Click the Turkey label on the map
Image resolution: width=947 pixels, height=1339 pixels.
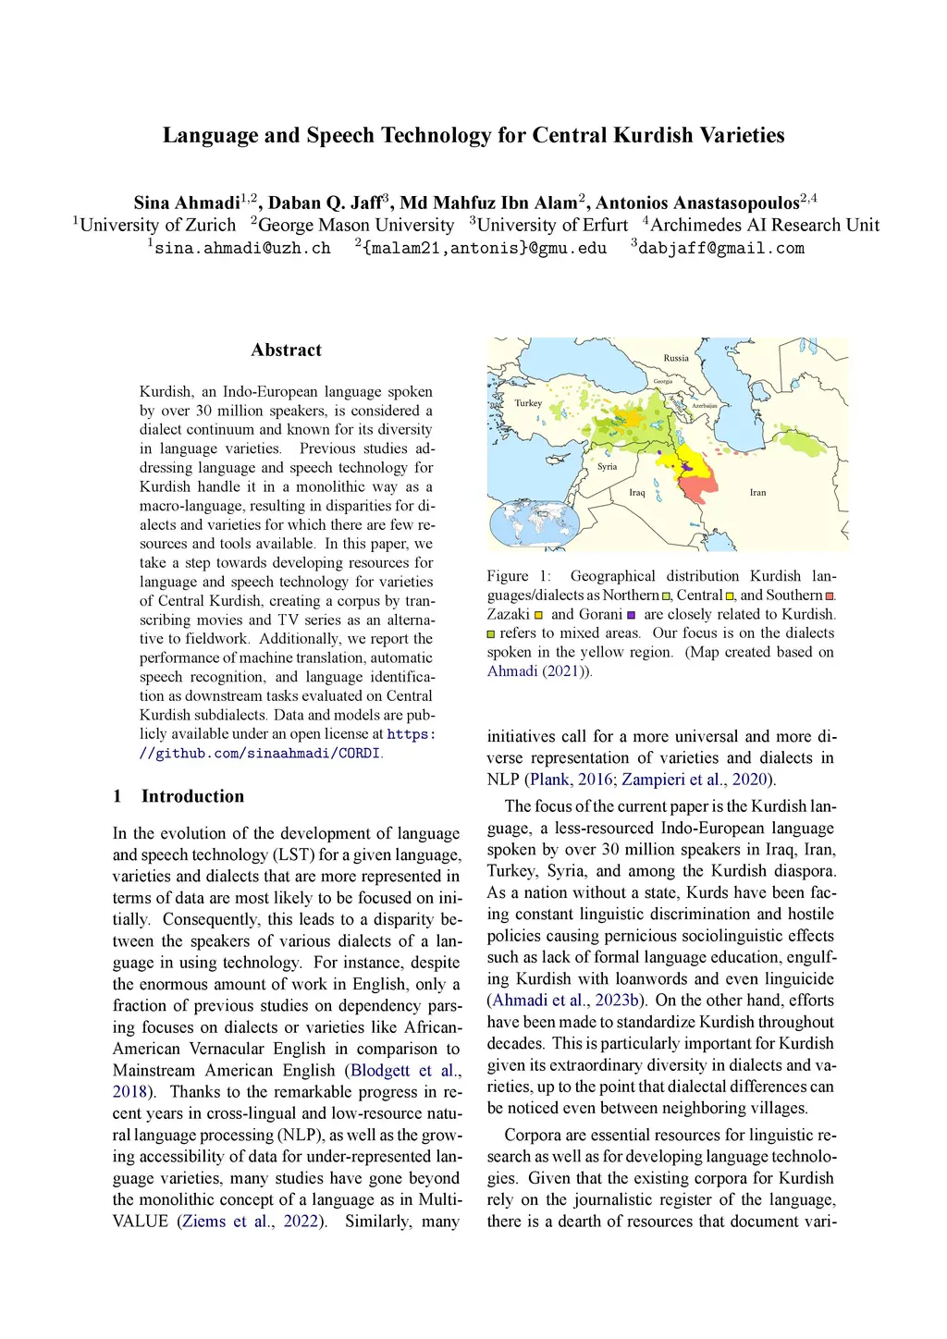click(x=528, y=403)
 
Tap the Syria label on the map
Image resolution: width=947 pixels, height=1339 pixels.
click(x=607, y=467)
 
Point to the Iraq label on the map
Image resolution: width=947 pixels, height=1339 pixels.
click(x=637, y=493)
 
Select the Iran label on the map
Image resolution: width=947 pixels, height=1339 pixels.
click(x=757, y=493)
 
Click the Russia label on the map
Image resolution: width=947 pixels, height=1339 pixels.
click(x=676, y=358)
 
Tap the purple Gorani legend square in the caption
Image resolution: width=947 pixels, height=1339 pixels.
click(x=631, y=615)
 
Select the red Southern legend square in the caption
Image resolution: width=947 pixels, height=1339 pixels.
click(x=830, y=596)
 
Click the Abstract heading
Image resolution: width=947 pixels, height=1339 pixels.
click(x=286, y=350)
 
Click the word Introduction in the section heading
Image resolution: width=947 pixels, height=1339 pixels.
click(x=192, y=796)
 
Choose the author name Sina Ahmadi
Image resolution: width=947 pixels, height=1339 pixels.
click(x=187, y=203)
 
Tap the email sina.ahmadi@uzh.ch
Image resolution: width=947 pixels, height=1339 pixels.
click(x=242, y=248)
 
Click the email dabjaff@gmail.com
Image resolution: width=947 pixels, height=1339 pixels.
click(x=721, y=248)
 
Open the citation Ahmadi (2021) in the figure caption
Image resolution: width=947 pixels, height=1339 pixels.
click(x=537, y=671)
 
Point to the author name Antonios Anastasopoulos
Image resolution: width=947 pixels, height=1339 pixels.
click(x=696, y=203)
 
